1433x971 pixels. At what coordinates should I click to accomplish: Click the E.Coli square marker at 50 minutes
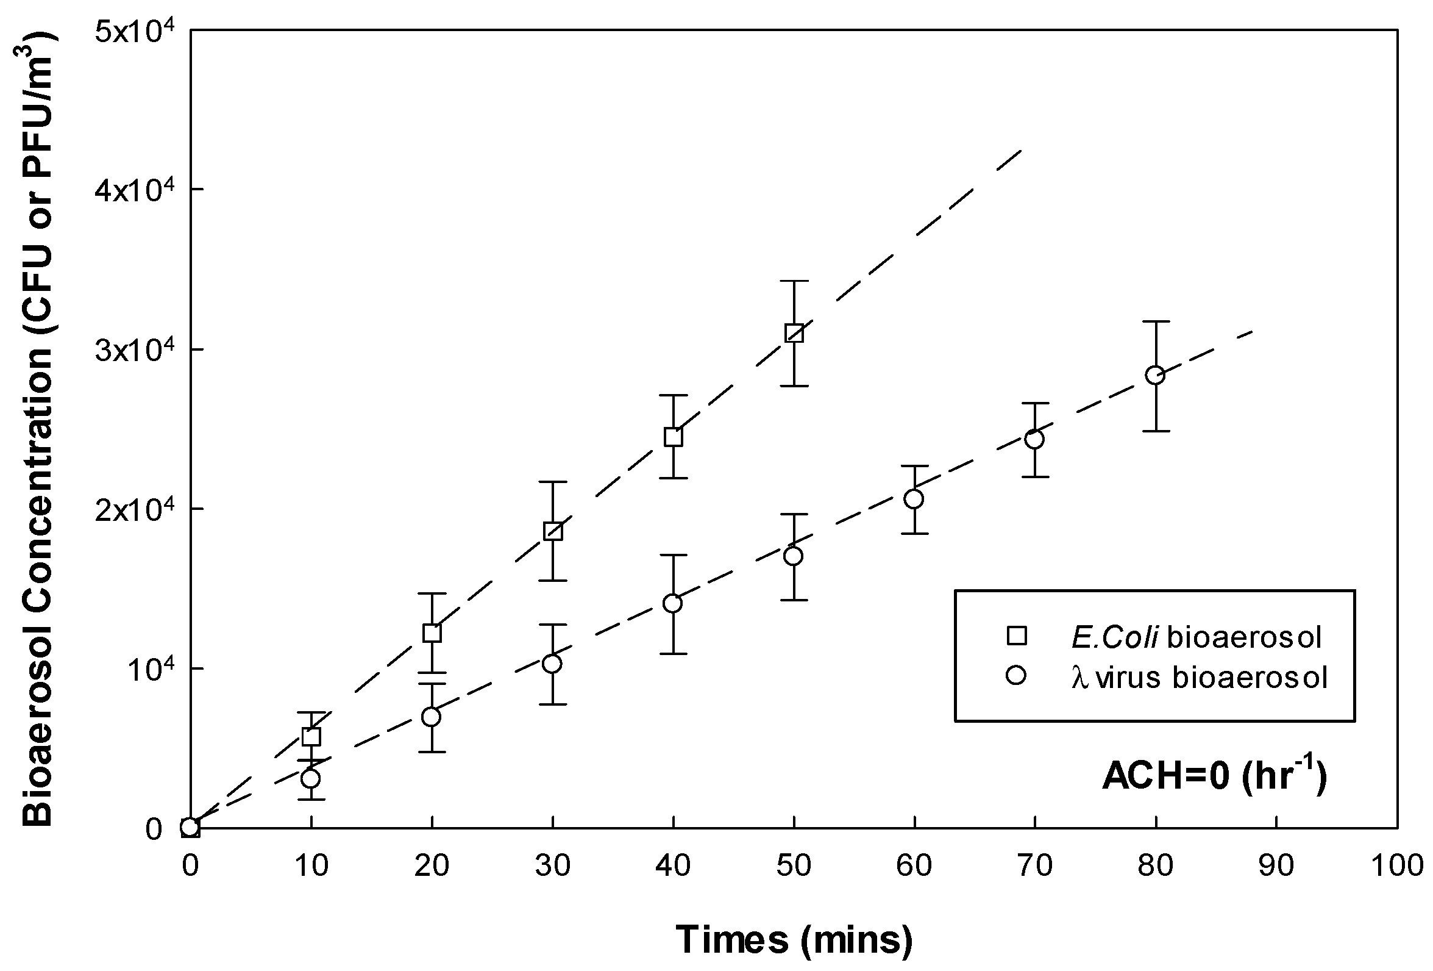click(794, 333)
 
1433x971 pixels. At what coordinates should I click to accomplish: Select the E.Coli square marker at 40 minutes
click(673, 437)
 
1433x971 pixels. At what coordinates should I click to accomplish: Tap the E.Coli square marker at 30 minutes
click(552, 531)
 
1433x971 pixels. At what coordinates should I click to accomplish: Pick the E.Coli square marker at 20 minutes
click(432, 633)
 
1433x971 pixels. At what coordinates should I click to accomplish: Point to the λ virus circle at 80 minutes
click(1155, 375)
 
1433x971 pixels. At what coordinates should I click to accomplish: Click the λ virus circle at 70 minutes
click(1034, 439)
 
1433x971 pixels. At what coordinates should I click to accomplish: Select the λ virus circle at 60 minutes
click(914, 498)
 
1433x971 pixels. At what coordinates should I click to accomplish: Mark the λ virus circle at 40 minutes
click(673, 603)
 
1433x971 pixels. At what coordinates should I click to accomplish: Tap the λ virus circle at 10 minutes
click(311, 778)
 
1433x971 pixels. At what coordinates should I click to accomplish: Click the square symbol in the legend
click(1016, 636)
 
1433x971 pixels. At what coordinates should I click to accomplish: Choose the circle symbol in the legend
click(1015, 676)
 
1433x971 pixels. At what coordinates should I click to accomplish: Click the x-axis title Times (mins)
click(794, 939)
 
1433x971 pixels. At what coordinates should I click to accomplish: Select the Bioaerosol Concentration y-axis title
click(38, 429)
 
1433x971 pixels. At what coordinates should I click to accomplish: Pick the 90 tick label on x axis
click(1275, 866)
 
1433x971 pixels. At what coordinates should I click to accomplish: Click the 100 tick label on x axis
click(1396, 866)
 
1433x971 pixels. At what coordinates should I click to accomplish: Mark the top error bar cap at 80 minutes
click(1155, 321)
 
